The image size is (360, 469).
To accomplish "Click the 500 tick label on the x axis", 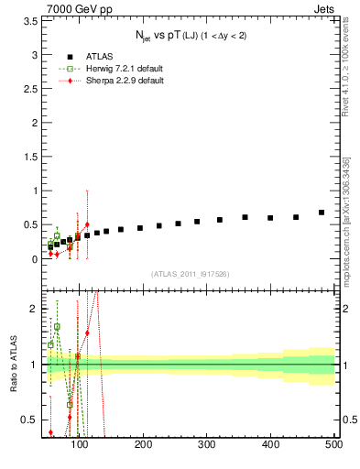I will (x=333, y=444).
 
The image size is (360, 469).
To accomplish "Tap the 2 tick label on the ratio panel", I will (x=34, y=310).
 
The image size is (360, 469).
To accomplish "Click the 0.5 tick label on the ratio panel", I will (x=30, y=420).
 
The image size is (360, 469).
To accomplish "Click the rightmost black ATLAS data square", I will (x=322, y=213).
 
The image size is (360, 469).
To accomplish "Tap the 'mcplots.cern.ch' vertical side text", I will (x=346, y=225).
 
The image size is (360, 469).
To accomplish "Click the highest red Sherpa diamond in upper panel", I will (x=87, y=224).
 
